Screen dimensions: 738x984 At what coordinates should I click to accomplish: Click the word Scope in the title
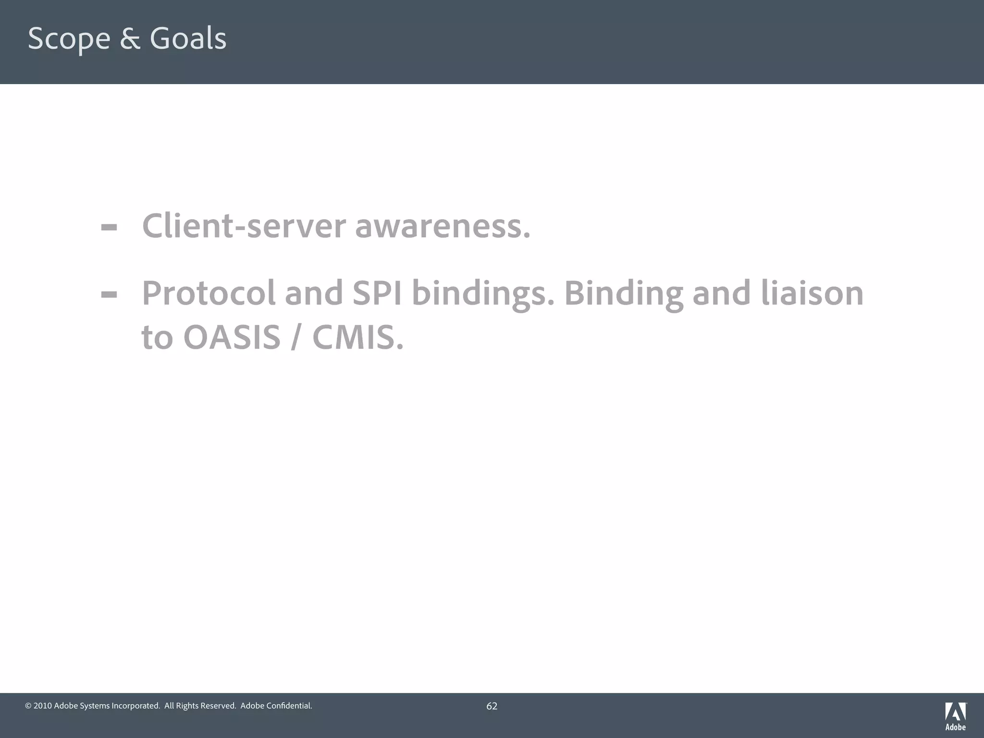coord(69,38)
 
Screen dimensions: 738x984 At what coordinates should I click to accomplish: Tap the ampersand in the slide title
coord(130,38)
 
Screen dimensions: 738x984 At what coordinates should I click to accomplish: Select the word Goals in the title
coord(188,38)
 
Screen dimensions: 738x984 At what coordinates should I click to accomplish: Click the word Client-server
coord(244,225)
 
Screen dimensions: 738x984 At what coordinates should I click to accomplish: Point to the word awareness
coord(443,225)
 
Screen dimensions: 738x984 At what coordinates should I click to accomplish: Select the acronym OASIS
coord(232,337)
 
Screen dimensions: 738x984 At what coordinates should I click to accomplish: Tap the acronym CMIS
coord(358,337)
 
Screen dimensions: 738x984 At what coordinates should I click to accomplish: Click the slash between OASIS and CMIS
coord(296,337)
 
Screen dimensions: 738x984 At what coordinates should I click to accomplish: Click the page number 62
coord(492,706)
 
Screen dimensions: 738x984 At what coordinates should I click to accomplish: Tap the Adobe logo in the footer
coord(955,716)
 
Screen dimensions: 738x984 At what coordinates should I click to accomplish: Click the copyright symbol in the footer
coord(28,706)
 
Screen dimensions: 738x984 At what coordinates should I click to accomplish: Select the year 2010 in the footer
coord(43,706)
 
